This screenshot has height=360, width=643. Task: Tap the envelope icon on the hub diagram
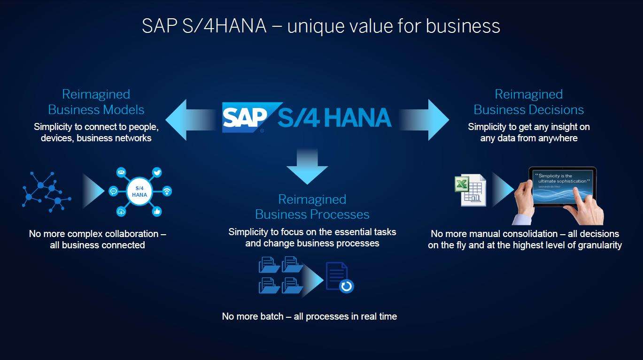(x=121, y=173)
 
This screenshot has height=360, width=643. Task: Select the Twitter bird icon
(x=157, y=173)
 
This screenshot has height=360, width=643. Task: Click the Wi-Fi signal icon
(x=167, y=191)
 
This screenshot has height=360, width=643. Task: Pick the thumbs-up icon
(x=157, y=211)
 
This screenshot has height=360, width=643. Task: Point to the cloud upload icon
(x=121, y=211)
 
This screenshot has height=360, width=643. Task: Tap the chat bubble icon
(x=113, y=191)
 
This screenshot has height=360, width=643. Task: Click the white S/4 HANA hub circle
(x=140, y=191)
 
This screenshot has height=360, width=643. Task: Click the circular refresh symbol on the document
(x=346, y=286)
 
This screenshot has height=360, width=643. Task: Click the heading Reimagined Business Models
(x=96, y=102)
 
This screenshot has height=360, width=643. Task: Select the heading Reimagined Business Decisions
(x=528, y=102)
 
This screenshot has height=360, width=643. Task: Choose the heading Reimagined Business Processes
(x=312, y=207)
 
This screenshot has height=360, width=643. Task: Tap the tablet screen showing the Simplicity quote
(x=562, y=188)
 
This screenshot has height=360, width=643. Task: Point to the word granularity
(x=595, y=245)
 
